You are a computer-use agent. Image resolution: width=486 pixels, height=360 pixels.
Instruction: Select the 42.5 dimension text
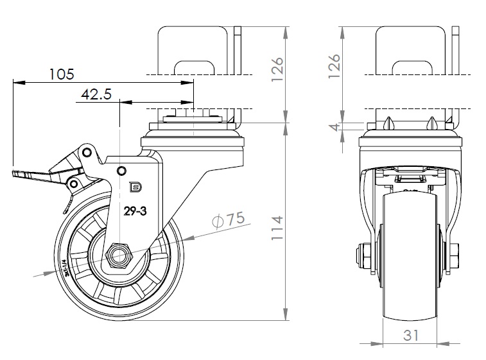[x=96, y=94]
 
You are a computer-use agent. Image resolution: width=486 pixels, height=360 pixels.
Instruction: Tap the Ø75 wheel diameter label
[x=228, y=219]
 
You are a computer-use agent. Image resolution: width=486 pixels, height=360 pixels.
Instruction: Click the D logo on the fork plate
[x=135, y=187]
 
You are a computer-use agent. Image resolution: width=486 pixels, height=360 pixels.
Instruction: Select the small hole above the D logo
[x=121, y=170]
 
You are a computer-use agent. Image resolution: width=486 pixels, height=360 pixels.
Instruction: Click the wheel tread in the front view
[x=410, y=257]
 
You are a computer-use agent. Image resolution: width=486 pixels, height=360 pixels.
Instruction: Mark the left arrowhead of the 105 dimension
[x=15, y=82]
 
